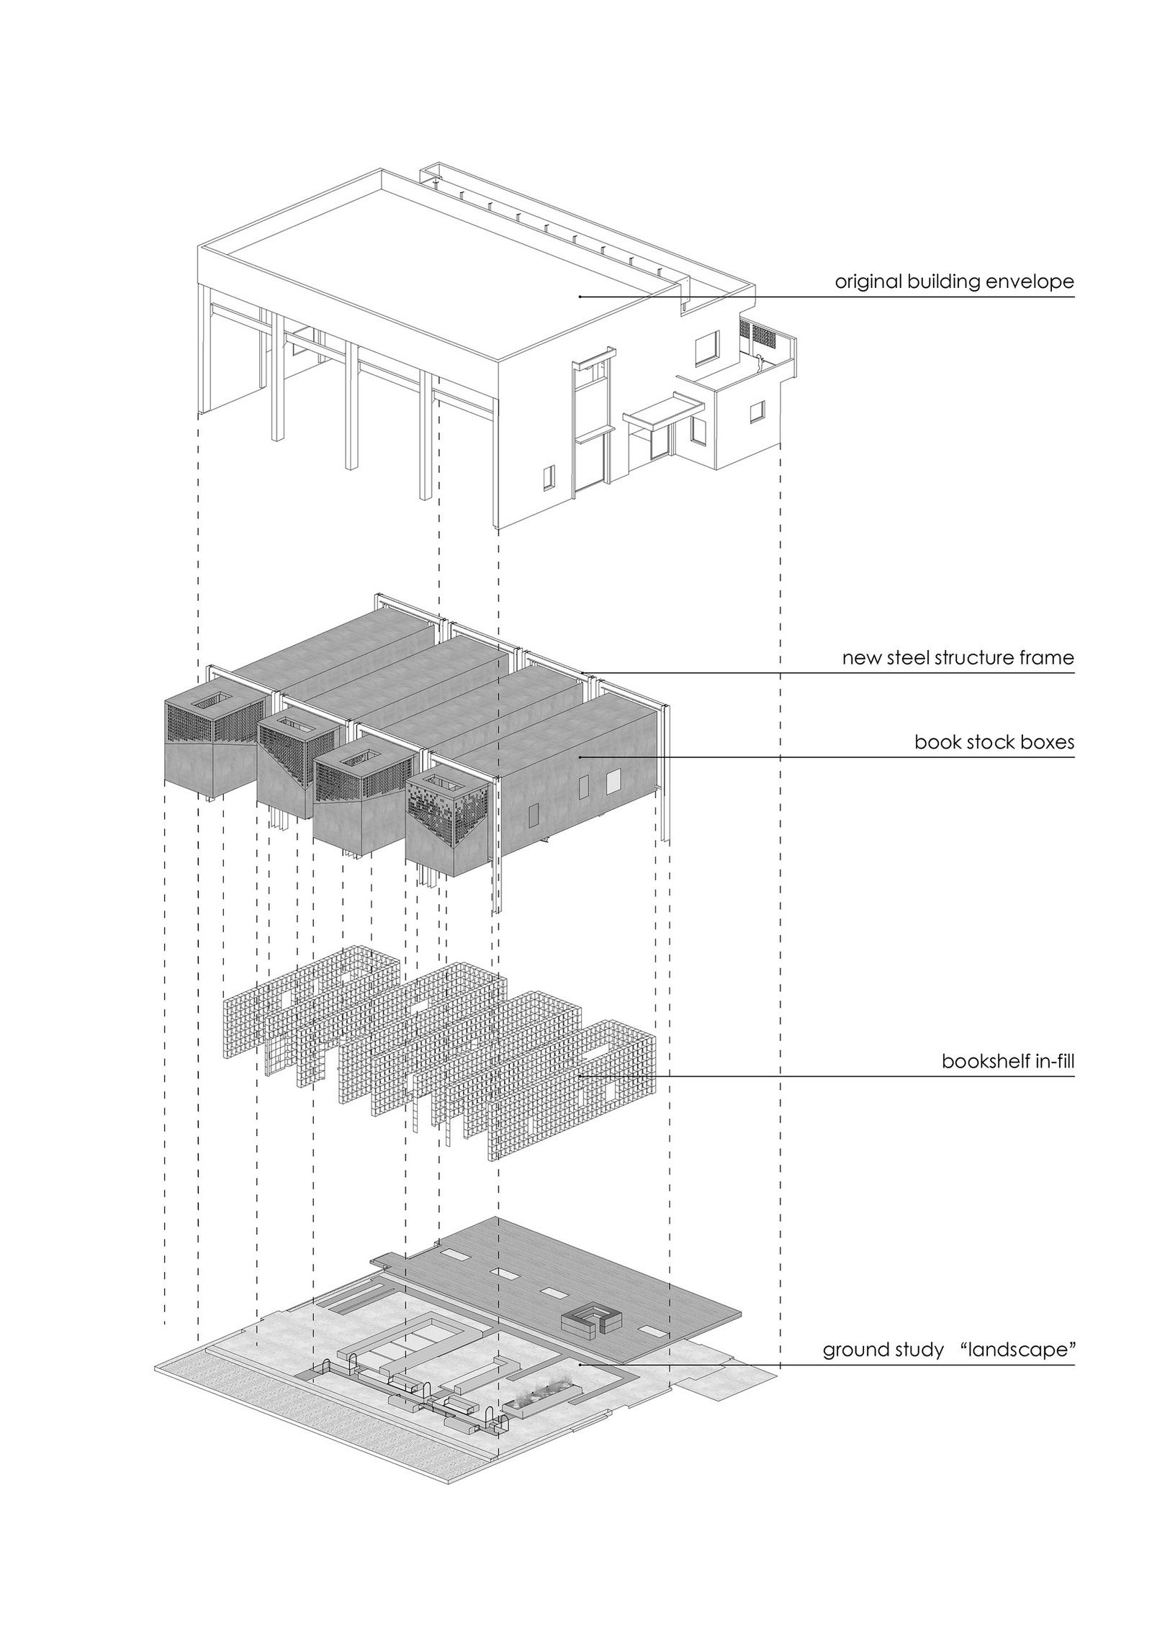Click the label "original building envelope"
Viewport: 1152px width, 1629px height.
tap(954, 281)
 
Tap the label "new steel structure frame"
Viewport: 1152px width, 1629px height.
tap(958, 658)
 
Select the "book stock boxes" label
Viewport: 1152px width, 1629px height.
tap(994, 742)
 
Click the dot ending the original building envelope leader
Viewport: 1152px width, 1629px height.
tap(580, 297)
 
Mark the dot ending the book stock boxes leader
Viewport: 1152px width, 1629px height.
tap(580, 757)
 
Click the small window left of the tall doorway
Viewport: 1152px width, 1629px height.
tap(549, 475)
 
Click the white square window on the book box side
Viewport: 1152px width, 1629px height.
tap(613, 780)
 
